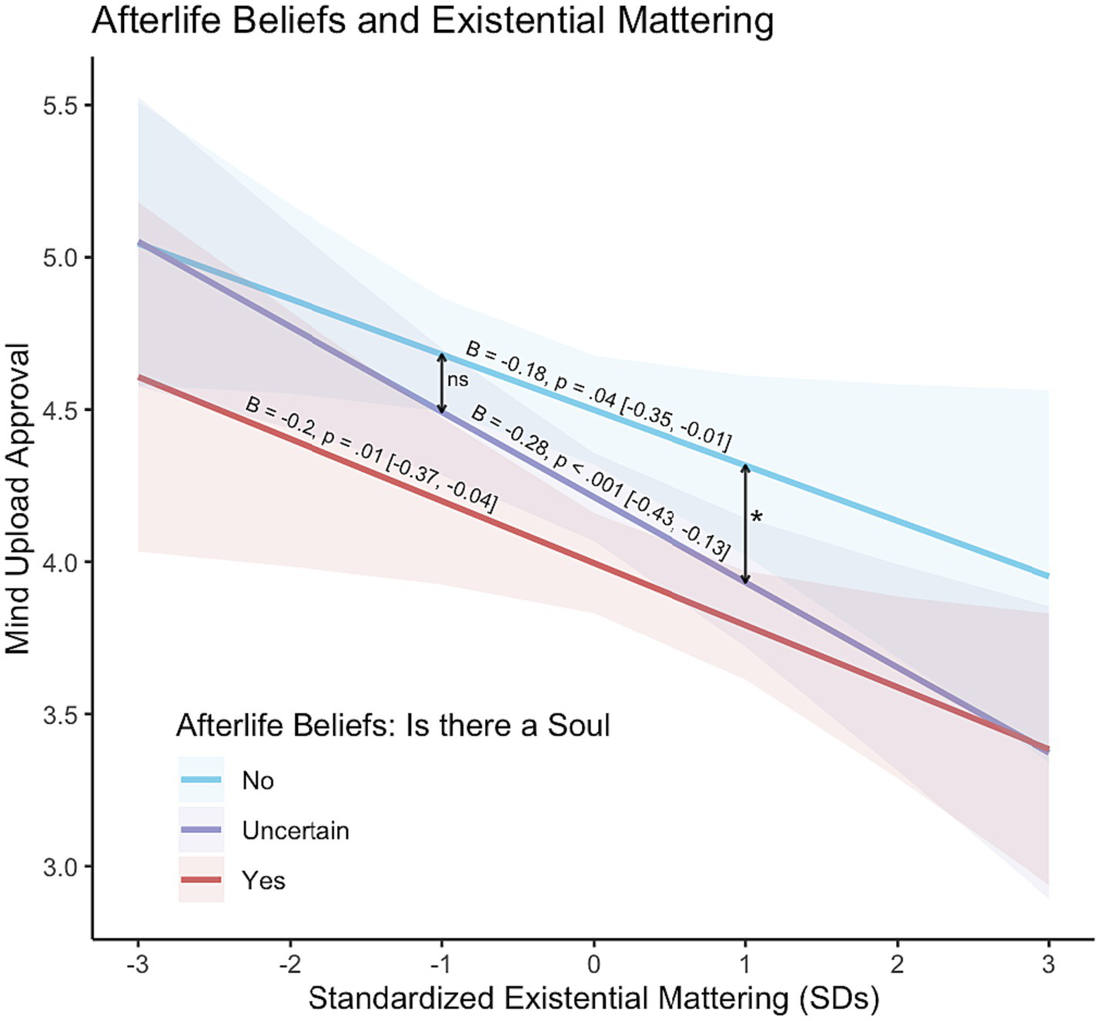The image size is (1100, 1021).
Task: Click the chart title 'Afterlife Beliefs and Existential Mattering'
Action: [433, 21]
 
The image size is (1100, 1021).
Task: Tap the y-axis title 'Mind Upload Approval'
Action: [18, 499]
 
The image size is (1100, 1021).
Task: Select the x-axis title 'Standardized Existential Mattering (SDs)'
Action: [593, 998]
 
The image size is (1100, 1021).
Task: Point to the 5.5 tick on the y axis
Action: [61, 105]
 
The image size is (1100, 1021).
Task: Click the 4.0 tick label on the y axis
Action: [61, 562]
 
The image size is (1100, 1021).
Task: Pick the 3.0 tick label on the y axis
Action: [61, 866]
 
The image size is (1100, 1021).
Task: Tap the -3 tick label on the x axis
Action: [137, 964]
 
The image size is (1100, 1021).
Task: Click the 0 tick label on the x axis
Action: [593, 964]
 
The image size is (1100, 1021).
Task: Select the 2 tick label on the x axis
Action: [897, 964]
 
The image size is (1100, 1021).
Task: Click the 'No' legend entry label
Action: [258, 781]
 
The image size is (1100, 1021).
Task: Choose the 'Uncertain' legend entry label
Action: [296, 831]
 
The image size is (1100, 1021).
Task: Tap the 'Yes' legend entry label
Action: [263, 880]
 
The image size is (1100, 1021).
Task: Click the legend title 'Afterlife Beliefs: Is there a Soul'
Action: [393, 726]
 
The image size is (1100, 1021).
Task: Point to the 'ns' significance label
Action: [457, 379]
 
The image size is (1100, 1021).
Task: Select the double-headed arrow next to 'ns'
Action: [442, 383]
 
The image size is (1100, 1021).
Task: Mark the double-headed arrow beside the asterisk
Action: [745, 524]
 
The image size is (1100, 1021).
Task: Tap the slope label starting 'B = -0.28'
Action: [600, 482]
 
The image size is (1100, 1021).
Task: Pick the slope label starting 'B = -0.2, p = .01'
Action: [370, 454]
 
